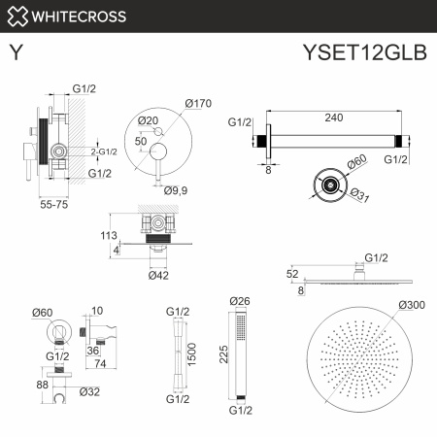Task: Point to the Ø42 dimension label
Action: [x=158, y=274]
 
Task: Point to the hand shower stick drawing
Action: [x=239, y=354]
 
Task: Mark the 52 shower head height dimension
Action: [x=292, y=275]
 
